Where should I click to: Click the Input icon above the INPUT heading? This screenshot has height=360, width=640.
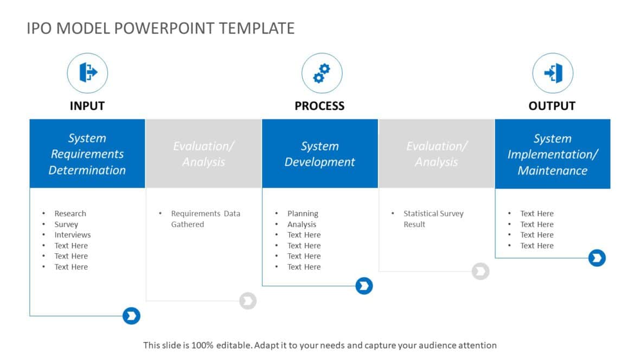point(87,73)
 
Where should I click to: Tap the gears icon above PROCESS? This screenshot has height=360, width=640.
point(322,73)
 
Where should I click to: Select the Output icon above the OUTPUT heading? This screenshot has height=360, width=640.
point(553,73)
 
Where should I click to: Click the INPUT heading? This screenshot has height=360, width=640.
point(87,106)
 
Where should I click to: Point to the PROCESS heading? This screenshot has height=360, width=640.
point(319,106)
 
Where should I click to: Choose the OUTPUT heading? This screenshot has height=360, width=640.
point(552,106)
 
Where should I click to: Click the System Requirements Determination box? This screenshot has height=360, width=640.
point(87,154)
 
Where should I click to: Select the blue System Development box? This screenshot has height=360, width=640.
point(319,154)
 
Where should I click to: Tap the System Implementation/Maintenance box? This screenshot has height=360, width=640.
point(552,154)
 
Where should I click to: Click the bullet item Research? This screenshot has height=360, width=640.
point(70,214)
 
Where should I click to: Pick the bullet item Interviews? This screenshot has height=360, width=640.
point(72,235)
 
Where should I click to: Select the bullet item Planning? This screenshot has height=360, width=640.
point(303,214)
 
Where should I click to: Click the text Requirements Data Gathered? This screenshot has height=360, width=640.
point(205,219)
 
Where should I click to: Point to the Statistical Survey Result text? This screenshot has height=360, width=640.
point(433,219)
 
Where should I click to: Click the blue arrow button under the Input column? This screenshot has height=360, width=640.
point(131,316)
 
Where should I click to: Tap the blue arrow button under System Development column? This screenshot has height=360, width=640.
point(364,286)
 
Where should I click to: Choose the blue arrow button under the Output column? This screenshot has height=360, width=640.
point(597,258)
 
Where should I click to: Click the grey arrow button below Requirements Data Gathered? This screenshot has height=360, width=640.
point(248,300)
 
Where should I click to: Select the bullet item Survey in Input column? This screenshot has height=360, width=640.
point(66,224)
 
